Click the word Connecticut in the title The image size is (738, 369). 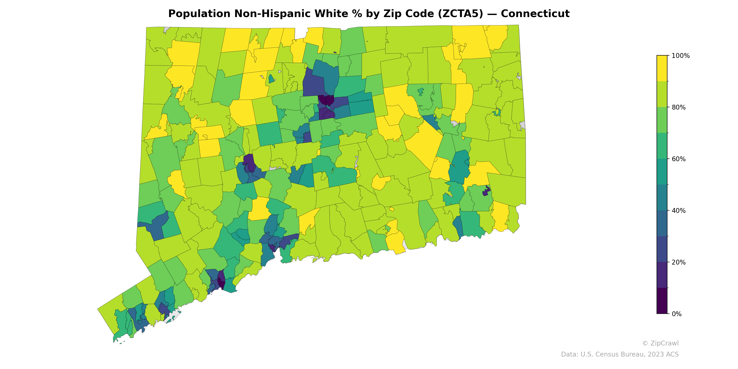pos(535,14)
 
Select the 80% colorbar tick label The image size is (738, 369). pos(678,107)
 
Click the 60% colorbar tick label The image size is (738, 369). pos(678,159)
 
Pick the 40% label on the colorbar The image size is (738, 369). pos(678,211)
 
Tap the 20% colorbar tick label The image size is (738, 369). pos(678,262)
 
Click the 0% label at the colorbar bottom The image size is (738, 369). pos(676,314)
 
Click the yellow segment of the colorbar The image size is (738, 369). pos(662,68)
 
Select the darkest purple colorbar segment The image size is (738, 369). pos(662,301)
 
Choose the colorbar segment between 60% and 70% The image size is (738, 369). pos(662,146)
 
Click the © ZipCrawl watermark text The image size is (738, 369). pos(660,343)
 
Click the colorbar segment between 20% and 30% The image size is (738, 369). pos(662,249)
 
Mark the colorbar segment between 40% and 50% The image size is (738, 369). pos(662,198)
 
